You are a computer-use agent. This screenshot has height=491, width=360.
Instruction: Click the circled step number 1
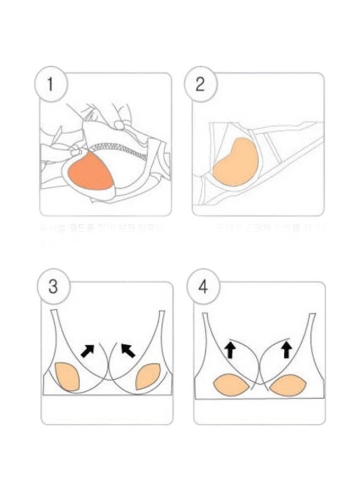click(x=52, y=85)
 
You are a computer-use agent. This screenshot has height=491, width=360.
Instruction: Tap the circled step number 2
click(x=200, y=85)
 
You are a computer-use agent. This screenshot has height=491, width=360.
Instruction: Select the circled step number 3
click(x=52, y=287)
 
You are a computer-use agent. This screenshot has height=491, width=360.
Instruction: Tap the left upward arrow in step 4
click(x=230, y=348)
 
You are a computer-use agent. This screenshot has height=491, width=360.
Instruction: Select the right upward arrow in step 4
click(x=286, y=348)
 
